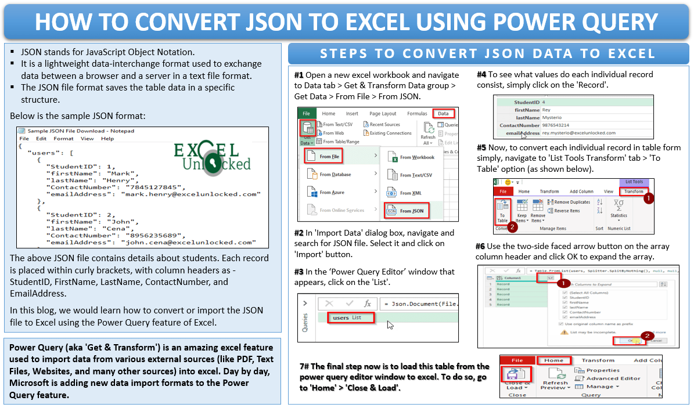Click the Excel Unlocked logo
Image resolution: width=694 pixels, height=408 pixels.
(212, 157)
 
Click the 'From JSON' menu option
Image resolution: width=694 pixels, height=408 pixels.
(411, 211)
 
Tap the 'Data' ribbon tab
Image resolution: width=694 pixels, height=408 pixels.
(443, 114)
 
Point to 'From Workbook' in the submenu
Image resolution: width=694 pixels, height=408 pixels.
(416, 157)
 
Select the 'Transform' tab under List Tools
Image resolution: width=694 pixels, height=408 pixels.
(633, 191)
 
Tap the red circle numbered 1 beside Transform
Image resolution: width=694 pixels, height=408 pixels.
(649, 198)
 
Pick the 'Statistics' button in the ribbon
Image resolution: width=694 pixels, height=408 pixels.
(619, 210)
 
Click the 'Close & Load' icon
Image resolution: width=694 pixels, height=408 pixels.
(517, 377)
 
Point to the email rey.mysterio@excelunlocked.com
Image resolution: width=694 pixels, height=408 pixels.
(578, 133)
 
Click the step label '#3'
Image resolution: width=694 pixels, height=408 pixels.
(299, 272)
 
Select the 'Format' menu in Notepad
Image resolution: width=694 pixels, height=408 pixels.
(63, 139)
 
